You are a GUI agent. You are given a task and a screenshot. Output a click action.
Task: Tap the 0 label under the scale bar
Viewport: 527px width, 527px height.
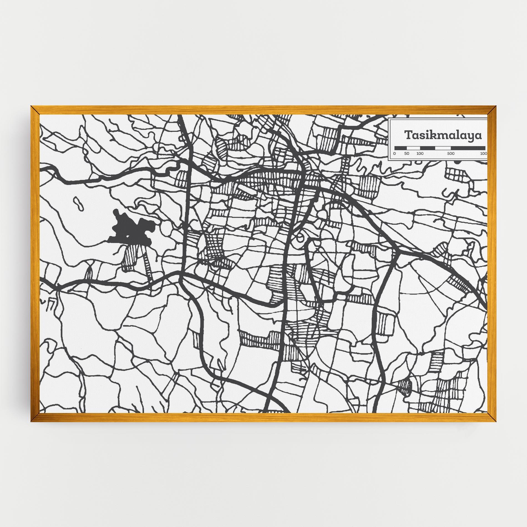pyautogui.click(x=395, y=153)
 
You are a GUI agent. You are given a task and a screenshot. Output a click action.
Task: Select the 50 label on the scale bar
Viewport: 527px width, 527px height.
pyautogui.click(x=407, y=153)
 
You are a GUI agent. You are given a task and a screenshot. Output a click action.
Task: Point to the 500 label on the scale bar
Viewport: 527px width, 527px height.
pyautogui.click(x=451, y=153)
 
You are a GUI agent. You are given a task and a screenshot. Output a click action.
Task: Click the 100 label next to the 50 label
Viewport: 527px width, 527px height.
pyautogui.click(x=420, y=153)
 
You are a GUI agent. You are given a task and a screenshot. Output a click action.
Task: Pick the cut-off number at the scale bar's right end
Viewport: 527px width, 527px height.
pyautogui.click(x=483, y=153)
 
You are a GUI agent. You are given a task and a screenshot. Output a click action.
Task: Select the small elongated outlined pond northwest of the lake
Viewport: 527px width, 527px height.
pyautogui.click(x=78, y=203)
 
